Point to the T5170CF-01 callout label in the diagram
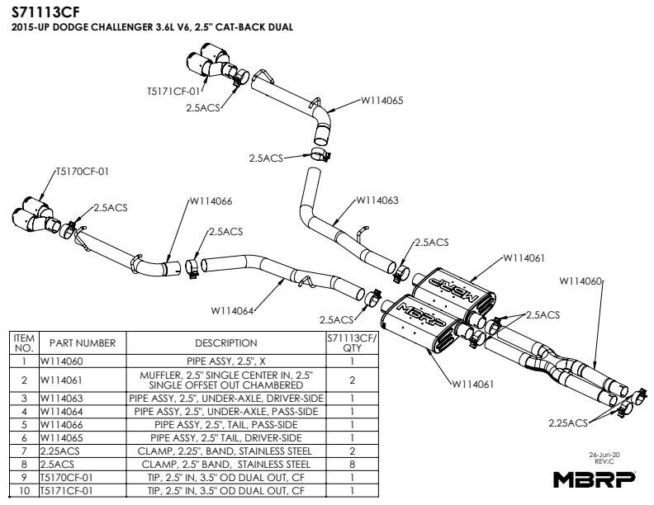[82, 172]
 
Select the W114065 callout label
[381, 101]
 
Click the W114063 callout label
[378, 201]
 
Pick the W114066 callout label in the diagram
[211, 201]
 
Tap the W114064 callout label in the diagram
[231, 311]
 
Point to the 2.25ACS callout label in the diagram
[568, 422]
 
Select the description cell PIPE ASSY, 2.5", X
[225, 361]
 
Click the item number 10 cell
[24, 491]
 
